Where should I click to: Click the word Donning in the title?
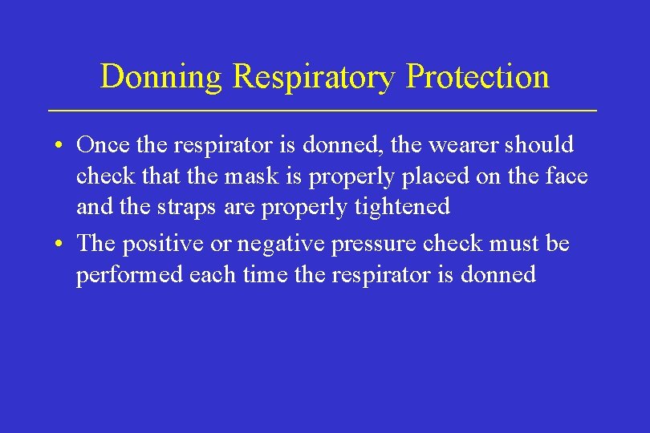click(x=163, y=78)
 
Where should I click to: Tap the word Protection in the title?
click(x=477, y=78)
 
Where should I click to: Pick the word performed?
click(x=130, y=275)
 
